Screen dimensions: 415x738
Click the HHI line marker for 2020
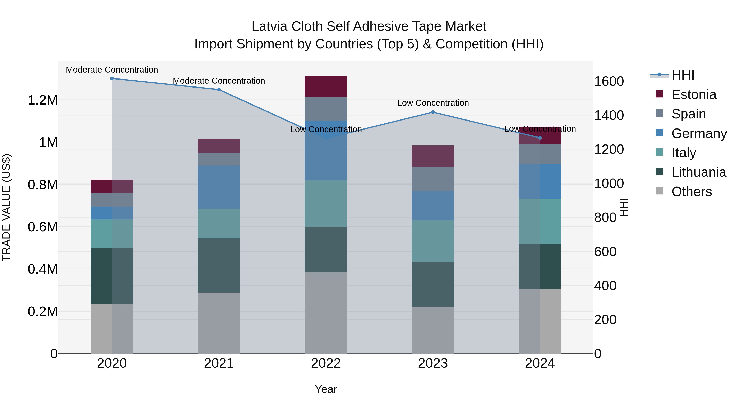click(x=112, y=78)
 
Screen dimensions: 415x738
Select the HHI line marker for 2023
click(x=433, y=112)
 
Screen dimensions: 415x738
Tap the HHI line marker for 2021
click(x=219, y=90)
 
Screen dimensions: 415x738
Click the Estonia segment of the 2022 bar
click(x=326, y=86)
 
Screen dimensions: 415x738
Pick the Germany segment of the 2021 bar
click(x=219, y=187)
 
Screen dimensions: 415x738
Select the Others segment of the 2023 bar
click(x=433, y=330)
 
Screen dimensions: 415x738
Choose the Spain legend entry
click(x=688, y=114)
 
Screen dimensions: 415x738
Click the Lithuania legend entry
click(x=698, y=172)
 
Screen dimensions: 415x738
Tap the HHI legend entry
click(x=682, y=75)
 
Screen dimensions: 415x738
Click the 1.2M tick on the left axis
click(x=42, y=100)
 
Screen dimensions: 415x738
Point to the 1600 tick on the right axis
click(x=609, y=81)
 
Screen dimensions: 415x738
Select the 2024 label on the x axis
click(x=540, y=363)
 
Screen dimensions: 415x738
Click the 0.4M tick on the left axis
click(x=42, y=269)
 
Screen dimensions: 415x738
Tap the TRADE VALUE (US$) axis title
click(x=6, y=207)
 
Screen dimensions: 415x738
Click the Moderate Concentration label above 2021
click(x=219, y=81)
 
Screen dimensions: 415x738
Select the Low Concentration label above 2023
click(x=433, y=103)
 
